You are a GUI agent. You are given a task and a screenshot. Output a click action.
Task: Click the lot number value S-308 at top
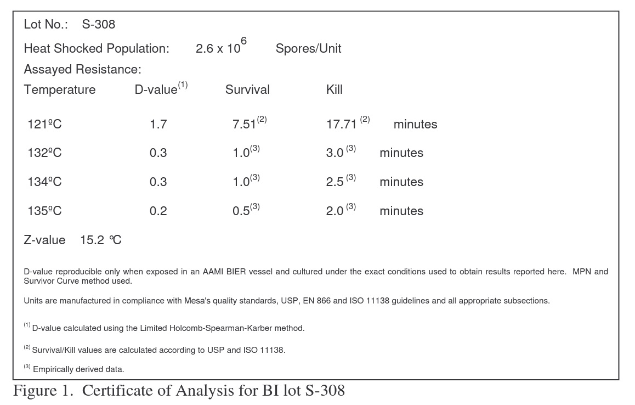pyautogui.click(x=99, y=25)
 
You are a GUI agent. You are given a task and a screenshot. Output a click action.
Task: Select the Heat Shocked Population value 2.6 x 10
pyautogui.click(x=218, y=48)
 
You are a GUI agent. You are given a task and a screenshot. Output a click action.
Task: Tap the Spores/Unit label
pyautogui.click(x=308, y=48)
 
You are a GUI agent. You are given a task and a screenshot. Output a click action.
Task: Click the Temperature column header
pyautogui.click(x=60, y=89)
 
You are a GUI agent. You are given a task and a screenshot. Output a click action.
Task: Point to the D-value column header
pyautogui.click(x=156, y=89)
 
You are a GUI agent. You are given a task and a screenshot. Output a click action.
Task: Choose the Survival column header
pyautogui.click(x=247, y=89)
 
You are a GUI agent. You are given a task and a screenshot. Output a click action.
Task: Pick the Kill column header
pyautogui.click(x=334, y=89)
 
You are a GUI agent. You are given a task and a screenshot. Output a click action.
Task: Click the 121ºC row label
pyautogui.click(x=44, y=124)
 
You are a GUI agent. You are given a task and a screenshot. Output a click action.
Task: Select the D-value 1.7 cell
pyautogui.click(x=158, y=124)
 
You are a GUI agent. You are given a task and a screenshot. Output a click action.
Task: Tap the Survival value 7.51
pyautogui.click(x=245, y=124)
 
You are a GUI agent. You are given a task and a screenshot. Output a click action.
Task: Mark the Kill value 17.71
pyautogui.click(x=342, y=124)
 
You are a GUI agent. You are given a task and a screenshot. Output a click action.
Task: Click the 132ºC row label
pyautogui.click(x=44, y=153)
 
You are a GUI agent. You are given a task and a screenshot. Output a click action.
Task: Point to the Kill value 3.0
pyautogui.click(x=334, y=153)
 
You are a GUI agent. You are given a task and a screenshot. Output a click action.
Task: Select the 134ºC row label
pyautogui.click(x=44, y=182)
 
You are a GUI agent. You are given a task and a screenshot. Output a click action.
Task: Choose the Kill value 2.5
pyautogui.click(x=334, y=182)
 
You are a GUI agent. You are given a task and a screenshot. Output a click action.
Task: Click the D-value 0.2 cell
pyautogui.click(x=158, y=211)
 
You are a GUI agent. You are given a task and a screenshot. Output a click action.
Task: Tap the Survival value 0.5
pyautogui.click(x=241, y=211)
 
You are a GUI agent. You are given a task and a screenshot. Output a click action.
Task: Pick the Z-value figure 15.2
pyautogui.click(x=92, y=240)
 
